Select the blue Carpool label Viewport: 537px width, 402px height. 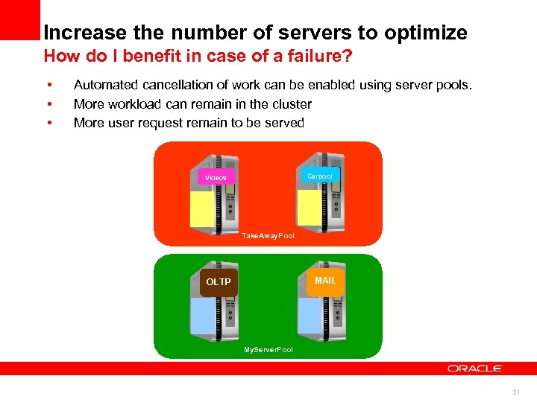pyautogui.click(x=320, y=176)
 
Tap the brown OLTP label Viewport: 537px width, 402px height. pyautogui.click(x=218, y=282)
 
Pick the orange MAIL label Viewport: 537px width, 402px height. pyautogui.click(x=325, y=281)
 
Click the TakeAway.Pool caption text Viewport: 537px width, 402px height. pyautogui.click(x=268, y=236)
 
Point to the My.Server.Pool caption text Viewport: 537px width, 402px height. pyautogui.click(x=268, y=349)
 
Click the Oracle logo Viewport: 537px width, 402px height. pyautogui.click(x=475, y=368)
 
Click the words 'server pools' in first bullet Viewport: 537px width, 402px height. pyautogui.click(x=436, y=85)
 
